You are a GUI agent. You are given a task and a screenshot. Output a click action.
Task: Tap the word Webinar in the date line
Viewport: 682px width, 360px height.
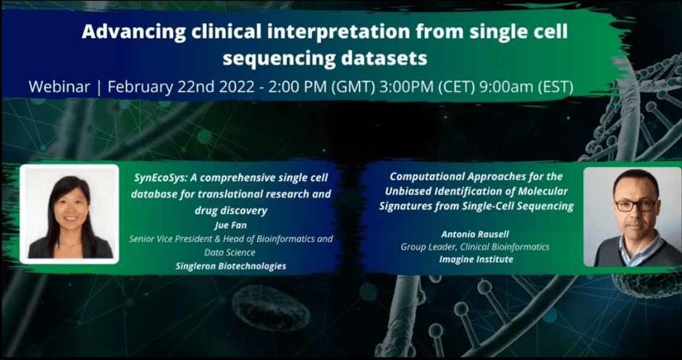coord(59,87)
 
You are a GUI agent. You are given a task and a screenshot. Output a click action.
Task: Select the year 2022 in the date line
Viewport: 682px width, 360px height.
coord(235,87)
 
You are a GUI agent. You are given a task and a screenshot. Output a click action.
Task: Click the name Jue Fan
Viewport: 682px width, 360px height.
coord(231,225)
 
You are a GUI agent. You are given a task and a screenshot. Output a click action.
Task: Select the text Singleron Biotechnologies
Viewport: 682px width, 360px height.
coord(231,266)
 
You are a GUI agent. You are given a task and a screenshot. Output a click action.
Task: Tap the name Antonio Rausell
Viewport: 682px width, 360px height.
coord(475,234)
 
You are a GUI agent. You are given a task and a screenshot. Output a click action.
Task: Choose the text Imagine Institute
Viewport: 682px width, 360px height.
coord(476,259)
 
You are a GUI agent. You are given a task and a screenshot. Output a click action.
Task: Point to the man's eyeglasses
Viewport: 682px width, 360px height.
coord(636,205)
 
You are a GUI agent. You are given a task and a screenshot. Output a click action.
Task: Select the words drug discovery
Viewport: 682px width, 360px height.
coord(231,211)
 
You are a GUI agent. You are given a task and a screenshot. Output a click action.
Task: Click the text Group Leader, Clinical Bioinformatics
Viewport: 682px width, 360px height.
coord(475,247)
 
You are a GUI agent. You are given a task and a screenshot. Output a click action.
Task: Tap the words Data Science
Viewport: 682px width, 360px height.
coord(230,252)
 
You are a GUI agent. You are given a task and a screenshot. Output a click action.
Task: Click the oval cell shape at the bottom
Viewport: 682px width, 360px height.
coord(271,307)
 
